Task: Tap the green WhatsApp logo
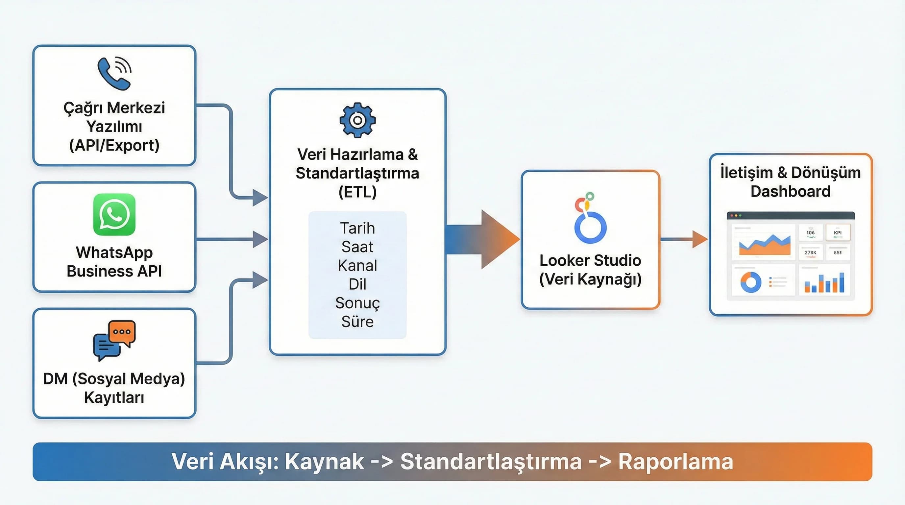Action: pyautogui.click(x=114, y=214)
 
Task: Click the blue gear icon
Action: pyautogui.click(x=357, y=120)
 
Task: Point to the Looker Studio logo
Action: pyautogui.click(x=590, y=219)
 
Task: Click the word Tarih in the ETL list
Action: pyautogui.click(x=357, y=228)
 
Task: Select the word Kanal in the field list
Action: pyautogui.click(x=357, y=266)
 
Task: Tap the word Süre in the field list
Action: pyautogui.click(x=357, y=322)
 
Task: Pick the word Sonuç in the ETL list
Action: pyautogui.click(x=357, y=303)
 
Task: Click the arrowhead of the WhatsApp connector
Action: pyautogui.click(x=260, y=239)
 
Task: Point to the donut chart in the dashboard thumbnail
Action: pyautogui.click(x=751, y=282)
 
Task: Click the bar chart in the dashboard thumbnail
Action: pyautogui.click(x=824, y=283)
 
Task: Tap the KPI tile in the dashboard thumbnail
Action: pyautogui.click(x=838, y=233)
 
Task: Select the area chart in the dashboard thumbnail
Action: pyautogui.click(x=765, y=244)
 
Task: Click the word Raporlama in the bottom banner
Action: pyautogui.click(x=675, y=462)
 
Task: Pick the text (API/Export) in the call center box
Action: pyautogui.click(x=114, y=145)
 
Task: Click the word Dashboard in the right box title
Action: pyautogui.click(x=791, y=191)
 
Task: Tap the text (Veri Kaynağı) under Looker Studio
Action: pyautogui.click(x=590, y=279)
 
